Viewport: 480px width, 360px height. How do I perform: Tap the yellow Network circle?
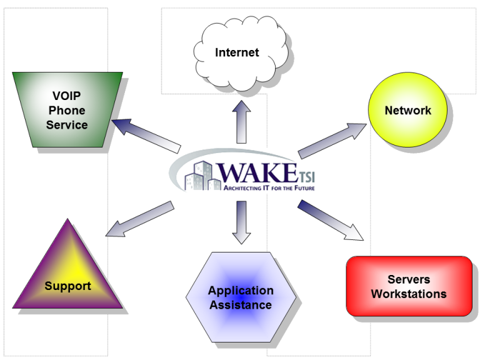point(407,111)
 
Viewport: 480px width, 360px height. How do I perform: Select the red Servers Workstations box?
point(409,286)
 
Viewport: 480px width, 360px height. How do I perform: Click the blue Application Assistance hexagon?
point(241,299)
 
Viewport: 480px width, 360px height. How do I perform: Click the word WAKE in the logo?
point(256,172)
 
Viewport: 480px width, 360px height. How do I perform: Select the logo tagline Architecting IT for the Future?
point(269,187)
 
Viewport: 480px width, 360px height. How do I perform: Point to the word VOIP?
point(67,96)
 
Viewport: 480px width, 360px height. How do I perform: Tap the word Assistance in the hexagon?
point(241,305)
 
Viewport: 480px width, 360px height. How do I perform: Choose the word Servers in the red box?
point(409,279)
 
